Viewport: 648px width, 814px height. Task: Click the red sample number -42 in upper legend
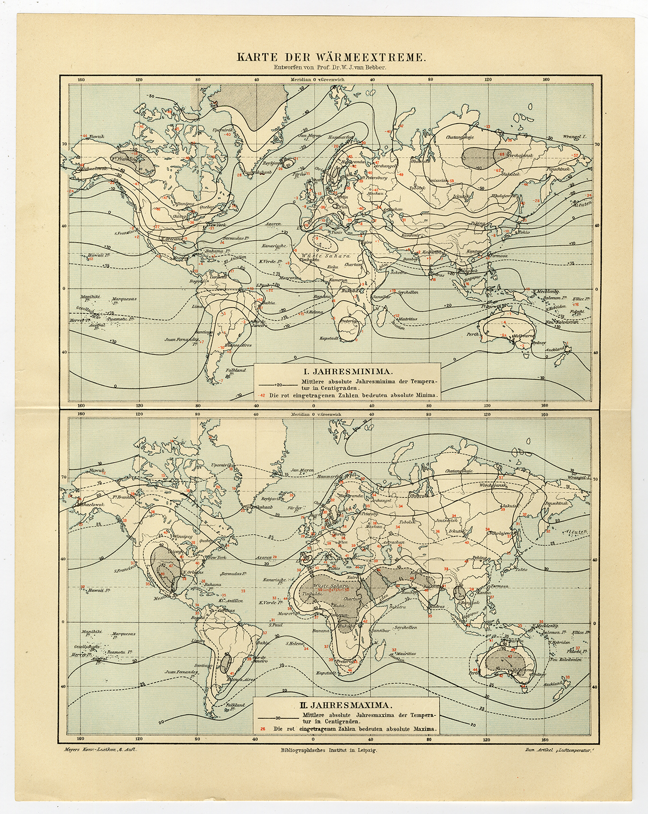tap(262, 395)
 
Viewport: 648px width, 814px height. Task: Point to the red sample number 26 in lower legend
tap(262, 729)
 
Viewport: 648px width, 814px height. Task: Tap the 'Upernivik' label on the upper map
tap(222, 130)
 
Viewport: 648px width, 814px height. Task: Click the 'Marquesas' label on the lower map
tap(124, 634)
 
